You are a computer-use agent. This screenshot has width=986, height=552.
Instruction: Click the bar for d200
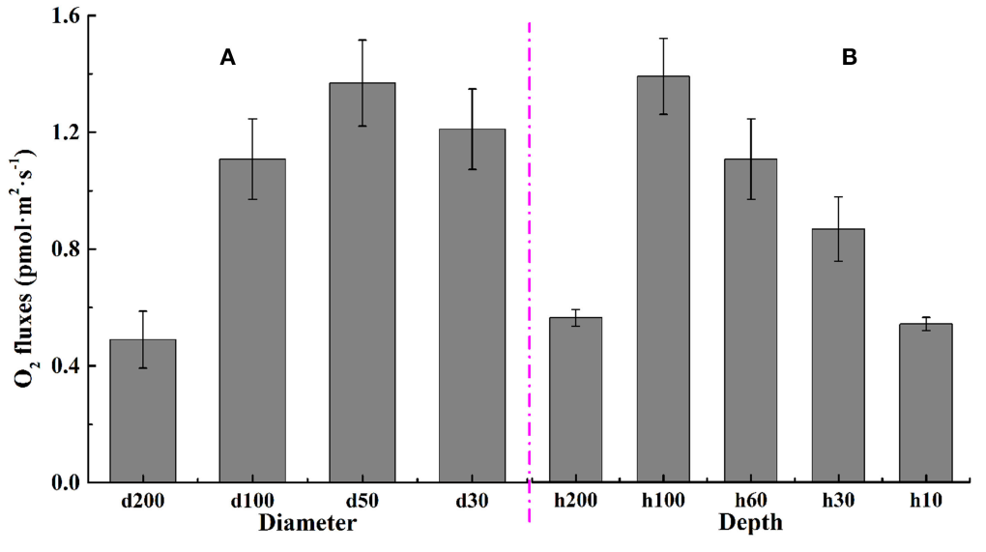143,411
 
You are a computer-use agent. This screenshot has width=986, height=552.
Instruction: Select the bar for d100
252,320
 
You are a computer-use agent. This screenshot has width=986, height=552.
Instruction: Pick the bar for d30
472,305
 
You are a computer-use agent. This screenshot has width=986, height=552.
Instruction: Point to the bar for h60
751,320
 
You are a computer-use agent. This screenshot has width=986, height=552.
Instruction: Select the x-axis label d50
362,502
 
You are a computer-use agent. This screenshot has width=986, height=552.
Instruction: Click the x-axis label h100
663,502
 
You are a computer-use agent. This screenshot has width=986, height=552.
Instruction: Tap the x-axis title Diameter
307,524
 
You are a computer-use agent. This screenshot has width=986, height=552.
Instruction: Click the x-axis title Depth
750,524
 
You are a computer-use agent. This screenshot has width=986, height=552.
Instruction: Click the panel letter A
228,58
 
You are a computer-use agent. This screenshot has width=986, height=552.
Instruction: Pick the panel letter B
850,58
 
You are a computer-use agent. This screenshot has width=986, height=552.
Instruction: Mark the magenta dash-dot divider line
530,290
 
